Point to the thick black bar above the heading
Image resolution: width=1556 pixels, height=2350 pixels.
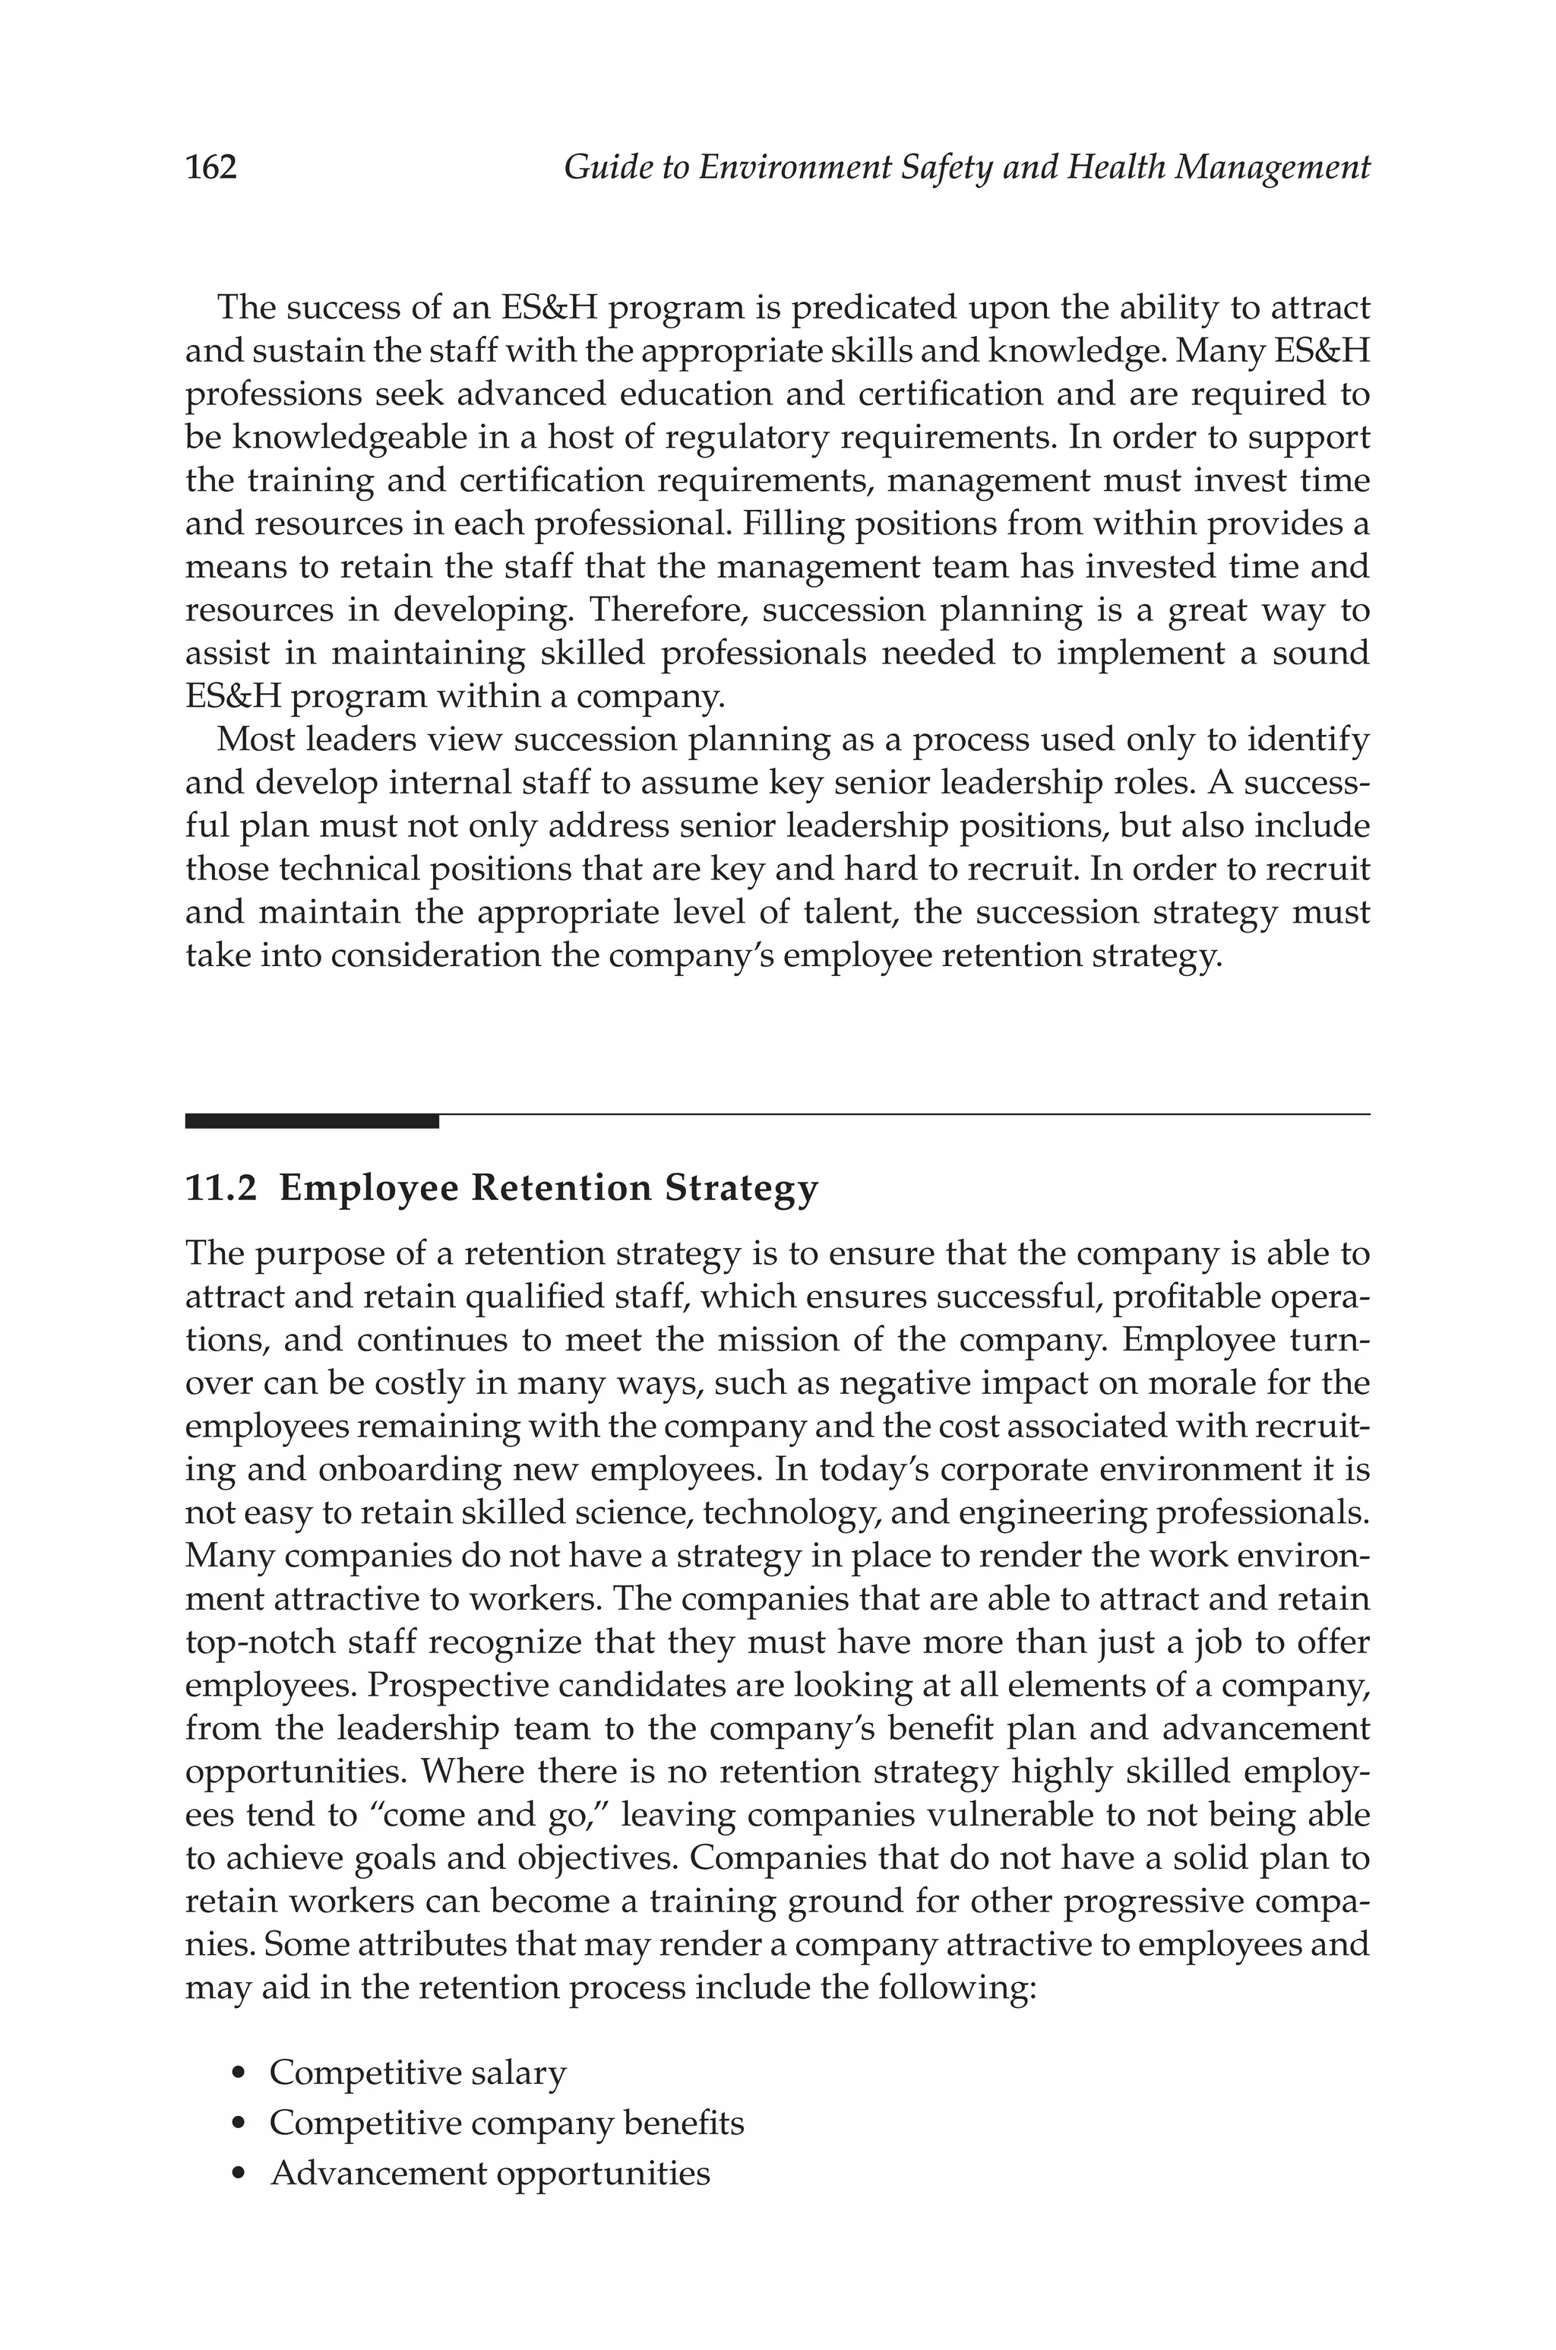pyautogui.click(x=312, y=1121)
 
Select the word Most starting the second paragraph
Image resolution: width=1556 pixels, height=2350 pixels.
pyautogui.click(x=254, y=740)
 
